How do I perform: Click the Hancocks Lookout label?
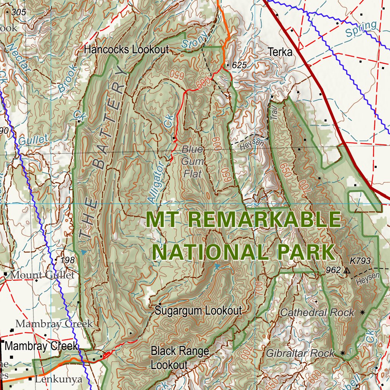tap(126, 50)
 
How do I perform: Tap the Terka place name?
tap(280, 52)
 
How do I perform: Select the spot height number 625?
tap(239, 65)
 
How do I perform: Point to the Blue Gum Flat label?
tap(192, 161)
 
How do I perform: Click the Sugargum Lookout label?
tap(198, 310)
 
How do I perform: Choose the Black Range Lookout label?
tap(180, 358)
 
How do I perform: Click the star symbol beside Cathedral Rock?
tap(362, 312)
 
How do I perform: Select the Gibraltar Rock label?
tap(300, 353)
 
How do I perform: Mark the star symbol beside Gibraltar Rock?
tap(343, 353)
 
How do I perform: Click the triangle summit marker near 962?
tap(346, 271)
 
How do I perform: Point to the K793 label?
tap(360, 261)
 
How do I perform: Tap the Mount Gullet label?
tap(43, 275)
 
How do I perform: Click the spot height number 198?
tap(67, 260)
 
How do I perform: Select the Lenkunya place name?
tap(58, 379)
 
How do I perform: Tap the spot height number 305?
tap(19, 12)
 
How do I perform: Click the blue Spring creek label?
tap(361, 29)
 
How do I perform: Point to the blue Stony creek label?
tap(195, 40)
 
